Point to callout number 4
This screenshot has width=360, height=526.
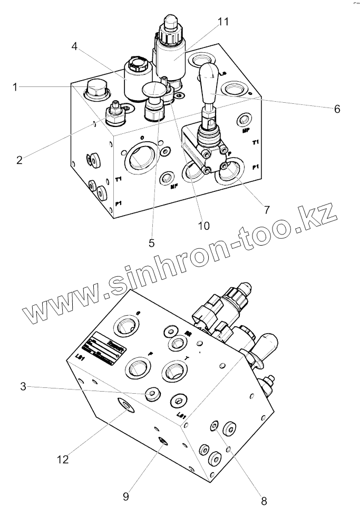tap(75, 46)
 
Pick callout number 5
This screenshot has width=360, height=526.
tap(151, 243)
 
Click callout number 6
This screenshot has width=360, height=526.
tap(337, 109)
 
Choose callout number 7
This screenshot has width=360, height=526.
tap(267, 209)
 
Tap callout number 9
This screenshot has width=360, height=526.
tap(125, 496)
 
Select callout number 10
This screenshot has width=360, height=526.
tap(203, 226)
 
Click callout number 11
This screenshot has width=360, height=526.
tap(223, 22)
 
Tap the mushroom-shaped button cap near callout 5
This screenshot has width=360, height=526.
tap(153, 90)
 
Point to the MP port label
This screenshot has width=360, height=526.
tap(246, 130)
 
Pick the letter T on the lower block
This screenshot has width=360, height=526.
tap(188, 359)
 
